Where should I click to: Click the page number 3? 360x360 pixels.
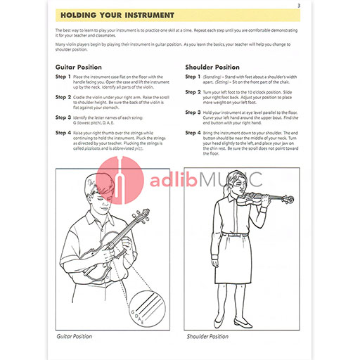[299, 7]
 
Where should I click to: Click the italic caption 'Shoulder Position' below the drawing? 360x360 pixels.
[207, 337]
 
